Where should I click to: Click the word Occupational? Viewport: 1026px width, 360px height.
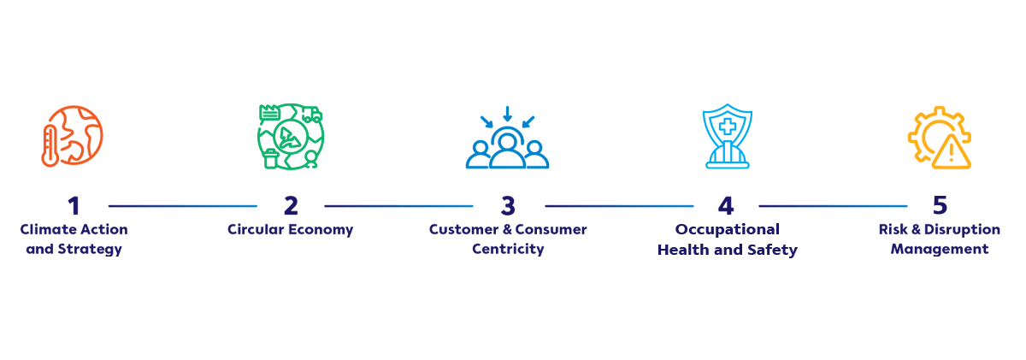point(727,230)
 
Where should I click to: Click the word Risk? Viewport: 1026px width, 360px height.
point(891,230)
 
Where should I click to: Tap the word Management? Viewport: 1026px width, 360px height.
point(940,250)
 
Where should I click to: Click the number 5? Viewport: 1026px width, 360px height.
point(940,206)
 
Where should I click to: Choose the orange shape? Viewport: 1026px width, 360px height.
point(77,137)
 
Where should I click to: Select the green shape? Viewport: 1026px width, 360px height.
point(291,137)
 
